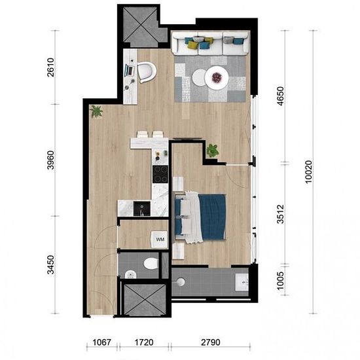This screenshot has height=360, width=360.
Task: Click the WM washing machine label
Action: pyautogui.click(x=160, y=239)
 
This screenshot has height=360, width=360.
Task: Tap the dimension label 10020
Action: pyautogui.click(x=309, y=171)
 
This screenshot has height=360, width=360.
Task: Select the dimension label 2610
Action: pyautogui.click(x=51, y=67)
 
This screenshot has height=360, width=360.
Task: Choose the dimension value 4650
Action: pyautogui.click(x=281, y=96)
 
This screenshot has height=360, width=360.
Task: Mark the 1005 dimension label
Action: pyautogui.click(x=281, y=281)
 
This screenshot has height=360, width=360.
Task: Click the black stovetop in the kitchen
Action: pyautogui.click(x=160, y=174)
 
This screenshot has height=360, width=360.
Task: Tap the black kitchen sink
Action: pyautogui.click(x=142, y=208)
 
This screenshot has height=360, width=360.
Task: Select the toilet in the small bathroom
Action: pyautogui.click(x=151, y=263)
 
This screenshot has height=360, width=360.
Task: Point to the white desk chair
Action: pyautogui.click(x=147, y=73)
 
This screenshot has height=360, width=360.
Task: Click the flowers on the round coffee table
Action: pyautogui.click(x=216, y=77)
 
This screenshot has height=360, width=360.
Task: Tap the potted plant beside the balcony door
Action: pyautogui.click(x=212, y=151)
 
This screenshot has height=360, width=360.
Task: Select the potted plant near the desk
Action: pyautogui.click(x=96, y=111)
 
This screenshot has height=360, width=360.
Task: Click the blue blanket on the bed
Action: pyautogui.click(x=212, y=217)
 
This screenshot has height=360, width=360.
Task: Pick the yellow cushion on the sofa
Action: pyautogui.click(x=192, y=45)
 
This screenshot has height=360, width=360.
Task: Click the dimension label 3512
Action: pyautogui.click(x=281, y=214)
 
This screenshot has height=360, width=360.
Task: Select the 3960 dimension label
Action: pyautogui.click(x=51, y=160)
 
